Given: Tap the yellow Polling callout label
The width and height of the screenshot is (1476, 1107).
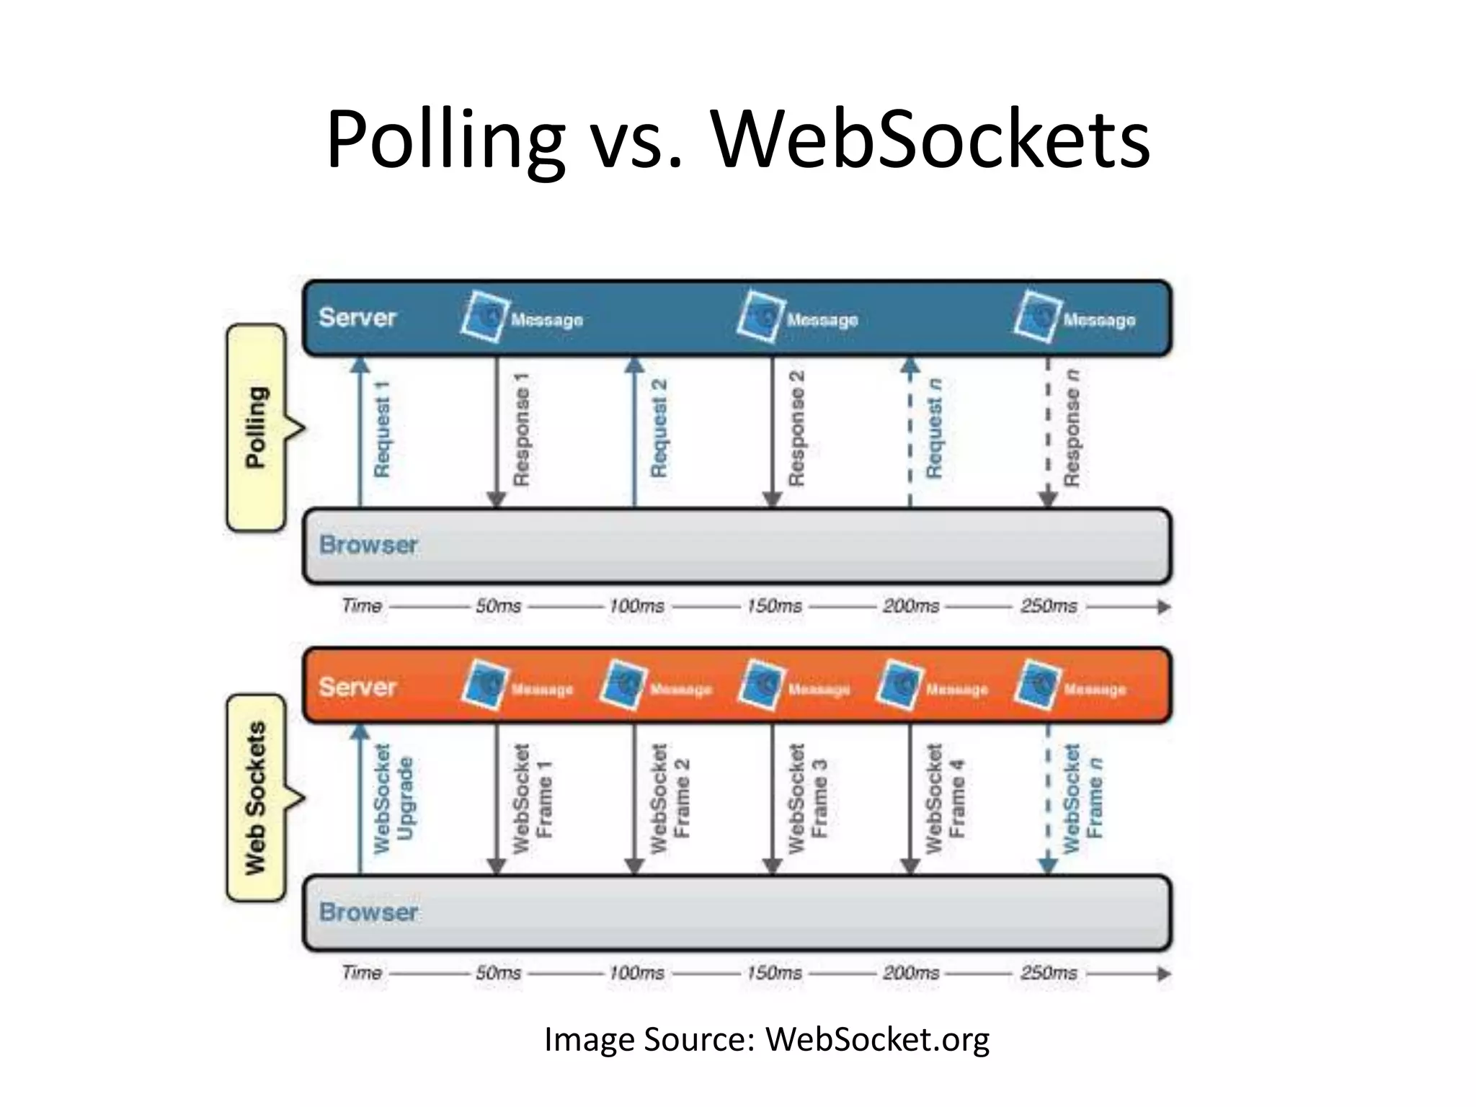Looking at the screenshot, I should pos(257,427).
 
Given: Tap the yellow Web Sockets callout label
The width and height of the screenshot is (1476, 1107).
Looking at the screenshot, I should pos(257,798).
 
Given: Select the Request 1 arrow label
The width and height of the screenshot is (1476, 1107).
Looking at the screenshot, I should pos(382,430).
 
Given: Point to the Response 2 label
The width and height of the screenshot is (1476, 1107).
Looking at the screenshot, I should pos(796,428).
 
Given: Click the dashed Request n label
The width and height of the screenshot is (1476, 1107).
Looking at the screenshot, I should pos(934,428).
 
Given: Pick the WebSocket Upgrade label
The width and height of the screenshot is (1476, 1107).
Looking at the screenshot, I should pos(394,799).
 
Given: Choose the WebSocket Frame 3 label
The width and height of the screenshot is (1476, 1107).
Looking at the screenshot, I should pos(807,799).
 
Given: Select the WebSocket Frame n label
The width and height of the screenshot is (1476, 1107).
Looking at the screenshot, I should pos(1082,799).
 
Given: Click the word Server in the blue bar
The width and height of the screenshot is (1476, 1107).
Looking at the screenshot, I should pos(357,317).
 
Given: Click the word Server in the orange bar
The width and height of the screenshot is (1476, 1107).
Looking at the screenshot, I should pos(357,687).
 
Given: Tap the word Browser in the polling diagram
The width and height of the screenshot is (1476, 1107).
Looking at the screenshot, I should pos(368,545).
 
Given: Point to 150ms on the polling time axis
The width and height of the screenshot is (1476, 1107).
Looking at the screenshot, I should pos(774,606).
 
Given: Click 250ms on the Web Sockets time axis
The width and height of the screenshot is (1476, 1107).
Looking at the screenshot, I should pos(1049,973).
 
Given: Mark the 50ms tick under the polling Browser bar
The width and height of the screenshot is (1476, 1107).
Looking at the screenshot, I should pos(498,606).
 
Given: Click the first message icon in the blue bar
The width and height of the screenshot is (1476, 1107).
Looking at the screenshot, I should pos(483,316).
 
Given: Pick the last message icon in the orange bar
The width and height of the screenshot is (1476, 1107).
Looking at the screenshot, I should pos(1036,684).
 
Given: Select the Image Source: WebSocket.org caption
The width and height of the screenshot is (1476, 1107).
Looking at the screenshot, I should pos(767,1039).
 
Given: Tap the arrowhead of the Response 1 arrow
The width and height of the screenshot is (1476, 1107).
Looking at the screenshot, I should pos(496,499).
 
